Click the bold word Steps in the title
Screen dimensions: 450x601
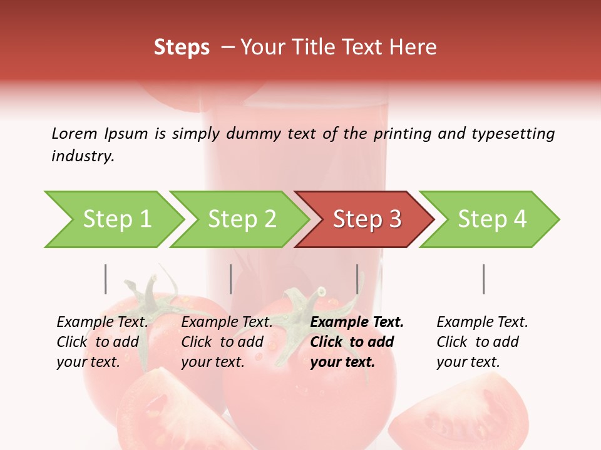coord(182,47)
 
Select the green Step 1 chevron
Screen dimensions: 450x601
coord(116,219)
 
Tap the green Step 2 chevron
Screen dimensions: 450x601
coord(242,219)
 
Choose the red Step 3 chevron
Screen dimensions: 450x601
coord(367,219)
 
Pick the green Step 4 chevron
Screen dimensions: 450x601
coord(492,219)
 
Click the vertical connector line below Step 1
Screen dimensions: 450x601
coord(105,279)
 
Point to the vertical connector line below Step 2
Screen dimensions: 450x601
coord(231,279)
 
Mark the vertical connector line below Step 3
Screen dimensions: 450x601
coord(357,279)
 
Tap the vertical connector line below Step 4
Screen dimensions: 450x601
coord(483,279)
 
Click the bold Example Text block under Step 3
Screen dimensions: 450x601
coord(357,342)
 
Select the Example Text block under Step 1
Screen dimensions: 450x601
coord(102,342)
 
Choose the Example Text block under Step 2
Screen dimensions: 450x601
coord(227,342)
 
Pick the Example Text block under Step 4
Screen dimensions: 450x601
coord(482,342)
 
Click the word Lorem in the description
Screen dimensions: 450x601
coord(74,134)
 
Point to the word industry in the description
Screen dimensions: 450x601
coord(83,156)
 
